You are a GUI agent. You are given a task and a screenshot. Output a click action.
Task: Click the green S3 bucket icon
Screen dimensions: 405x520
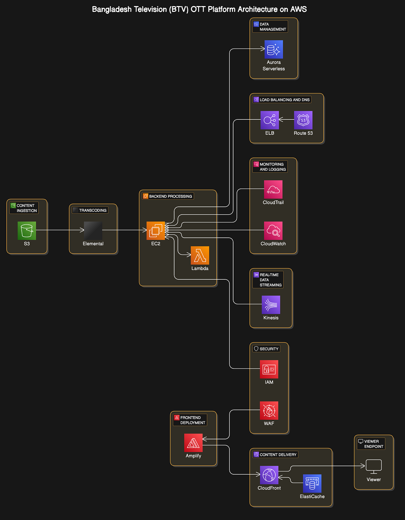point(27,231)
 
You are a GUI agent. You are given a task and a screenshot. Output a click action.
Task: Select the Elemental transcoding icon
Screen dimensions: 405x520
point(93,231)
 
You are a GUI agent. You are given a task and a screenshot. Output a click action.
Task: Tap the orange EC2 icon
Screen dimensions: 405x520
point(156,231)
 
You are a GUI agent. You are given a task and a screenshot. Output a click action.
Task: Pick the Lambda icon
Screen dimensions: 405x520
point(200,255)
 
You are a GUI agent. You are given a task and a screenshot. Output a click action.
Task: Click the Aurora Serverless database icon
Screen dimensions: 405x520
point(274,49)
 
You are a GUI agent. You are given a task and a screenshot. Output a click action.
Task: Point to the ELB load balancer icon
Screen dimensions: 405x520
point(270,120)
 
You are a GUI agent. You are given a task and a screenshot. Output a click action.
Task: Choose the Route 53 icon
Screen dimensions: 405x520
point(303,120)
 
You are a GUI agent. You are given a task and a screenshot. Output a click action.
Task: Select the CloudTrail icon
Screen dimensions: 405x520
point(273,189)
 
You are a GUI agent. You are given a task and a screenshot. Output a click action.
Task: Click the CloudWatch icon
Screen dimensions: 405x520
point(273,231)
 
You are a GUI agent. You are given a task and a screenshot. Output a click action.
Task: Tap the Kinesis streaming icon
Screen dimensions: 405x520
point(271,305)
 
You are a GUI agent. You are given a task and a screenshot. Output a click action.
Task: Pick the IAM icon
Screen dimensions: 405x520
point(269,369)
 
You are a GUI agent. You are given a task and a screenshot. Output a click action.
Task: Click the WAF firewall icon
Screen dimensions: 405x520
point(269,410)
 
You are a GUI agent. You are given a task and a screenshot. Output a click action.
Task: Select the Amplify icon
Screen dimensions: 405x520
point(194,443)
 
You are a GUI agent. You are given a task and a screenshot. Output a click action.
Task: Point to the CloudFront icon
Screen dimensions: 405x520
point(269,475)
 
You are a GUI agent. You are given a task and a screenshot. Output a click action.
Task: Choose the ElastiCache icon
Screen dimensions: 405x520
point(312,484)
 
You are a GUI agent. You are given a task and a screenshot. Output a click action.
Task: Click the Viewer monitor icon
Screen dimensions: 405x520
point(374,466)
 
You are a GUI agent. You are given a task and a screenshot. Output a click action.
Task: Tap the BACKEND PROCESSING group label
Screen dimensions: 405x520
point(171,196)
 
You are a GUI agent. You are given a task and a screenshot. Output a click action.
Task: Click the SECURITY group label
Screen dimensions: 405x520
point(269,349)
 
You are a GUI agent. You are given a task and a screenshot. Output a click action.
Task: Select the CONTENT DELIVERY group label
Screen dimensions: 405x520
point(278,455)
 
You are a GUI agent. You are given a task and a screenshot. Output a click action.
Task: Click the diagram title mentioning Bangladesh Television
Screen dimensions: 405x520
point(199,9)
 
